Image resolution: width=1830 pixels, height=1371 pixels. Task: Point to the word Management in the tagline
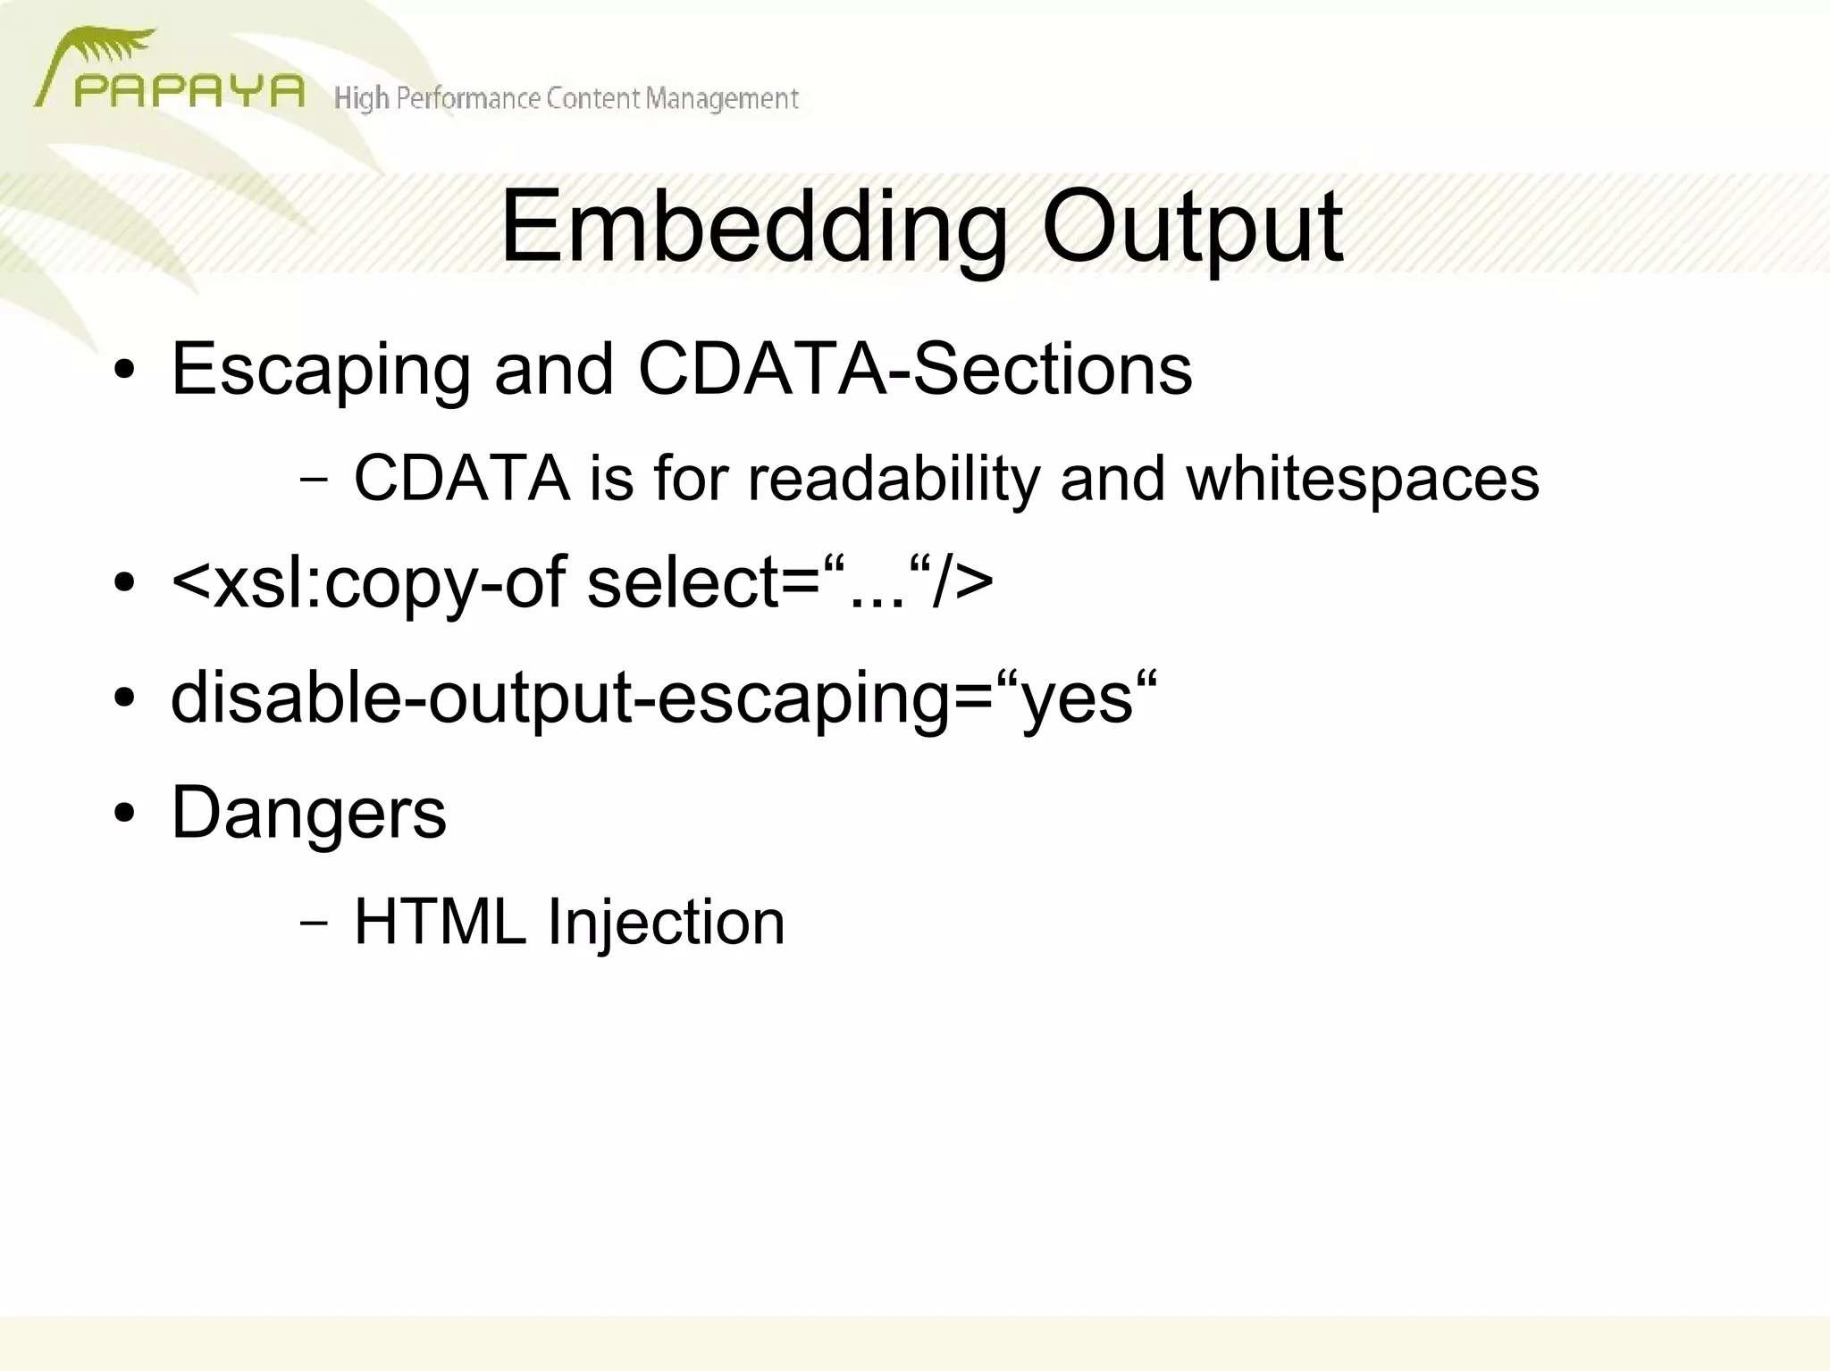(x=722, y=98)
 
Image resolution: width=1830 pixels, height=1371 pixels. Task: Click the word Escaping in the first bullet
(x=320, y=370)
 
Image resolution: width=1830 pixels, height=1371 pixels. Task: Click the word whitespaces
(x=1362, y=479)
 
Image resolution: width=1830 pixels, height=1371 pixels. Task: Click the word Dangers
(x=308, y=813)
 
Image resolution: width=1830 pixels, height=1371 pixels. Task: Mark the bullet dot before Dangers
(x=125, y=814)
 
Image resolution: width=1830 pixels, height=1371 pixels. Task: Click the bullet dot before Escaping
(x=125, y=370)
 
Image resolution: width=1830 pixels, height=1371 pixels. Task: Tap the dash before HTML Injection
(x=314, y=921)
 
